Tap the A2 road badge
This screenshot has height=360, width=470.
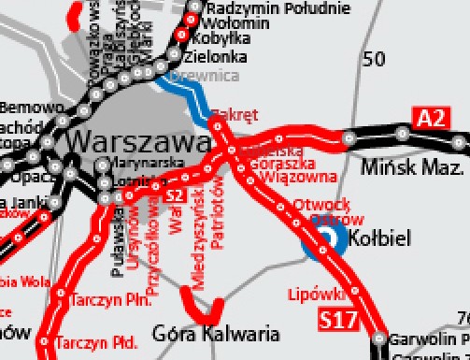tap(429, 118)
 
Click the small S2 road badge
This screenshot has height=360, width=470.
tap(174, 194)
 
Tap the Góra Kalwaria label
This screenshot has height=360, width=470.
tap(215, 333)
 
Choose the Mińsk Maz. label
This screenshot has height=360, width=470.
tap(411, 169)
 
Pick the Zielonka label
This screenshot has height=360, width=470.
tap(221, 56)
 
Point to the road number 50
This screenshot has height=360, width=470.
tap(373, 60)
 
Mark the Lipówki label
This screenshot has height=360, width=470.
tap(309, 293)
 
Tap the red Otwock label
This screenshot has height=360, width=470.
tap(320, 203)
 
